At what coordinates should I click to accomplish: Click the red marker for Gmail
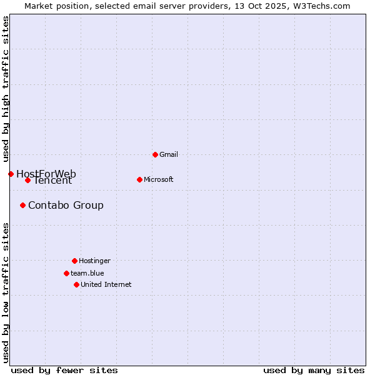155,154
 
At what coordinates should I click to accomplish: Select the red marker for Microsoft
139,179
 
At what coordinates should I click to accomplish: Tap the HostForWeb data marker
11,174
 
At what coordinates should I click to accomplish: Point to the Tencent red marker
27,181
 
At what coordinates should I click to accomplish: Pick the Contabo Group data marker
22,205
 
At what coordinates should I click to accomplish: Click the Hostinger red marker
74,261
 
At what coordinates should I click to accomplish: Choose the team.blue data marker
66,273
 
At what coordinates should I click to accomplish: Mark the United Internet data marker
76,284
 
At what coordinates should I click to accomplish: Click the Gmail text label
169,154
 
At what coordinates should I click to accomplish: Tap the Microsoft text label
159,179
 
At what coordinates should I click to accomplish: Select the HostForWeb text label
46,173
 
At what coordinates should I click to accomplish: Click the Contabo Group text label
66,205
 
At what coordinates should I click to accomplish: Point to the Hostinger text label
94,261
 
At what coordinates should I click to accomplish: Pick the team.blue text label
87,273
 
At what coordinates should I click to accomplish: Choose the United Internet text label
106,284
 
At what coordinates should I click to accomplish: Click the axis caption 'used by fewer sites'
64,370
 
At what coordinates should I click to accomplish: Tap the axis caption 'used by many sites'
314,370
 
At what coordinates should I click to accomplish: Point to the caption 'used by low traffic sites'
6,292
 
